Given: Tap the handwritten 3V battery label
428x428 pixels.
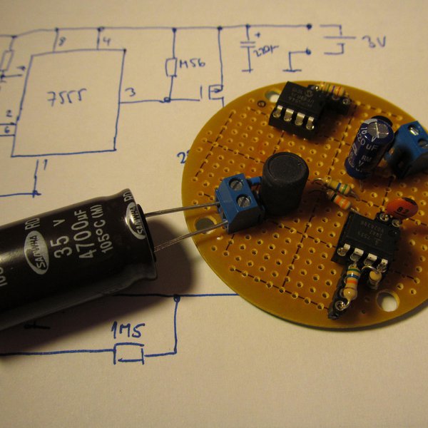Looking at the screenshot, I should [372, 42].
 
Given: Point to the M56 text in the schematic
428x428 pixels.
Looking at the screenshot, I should [192, 64].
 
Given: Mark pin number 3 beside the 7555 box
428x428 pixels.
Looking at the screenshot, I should [130, 93].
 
